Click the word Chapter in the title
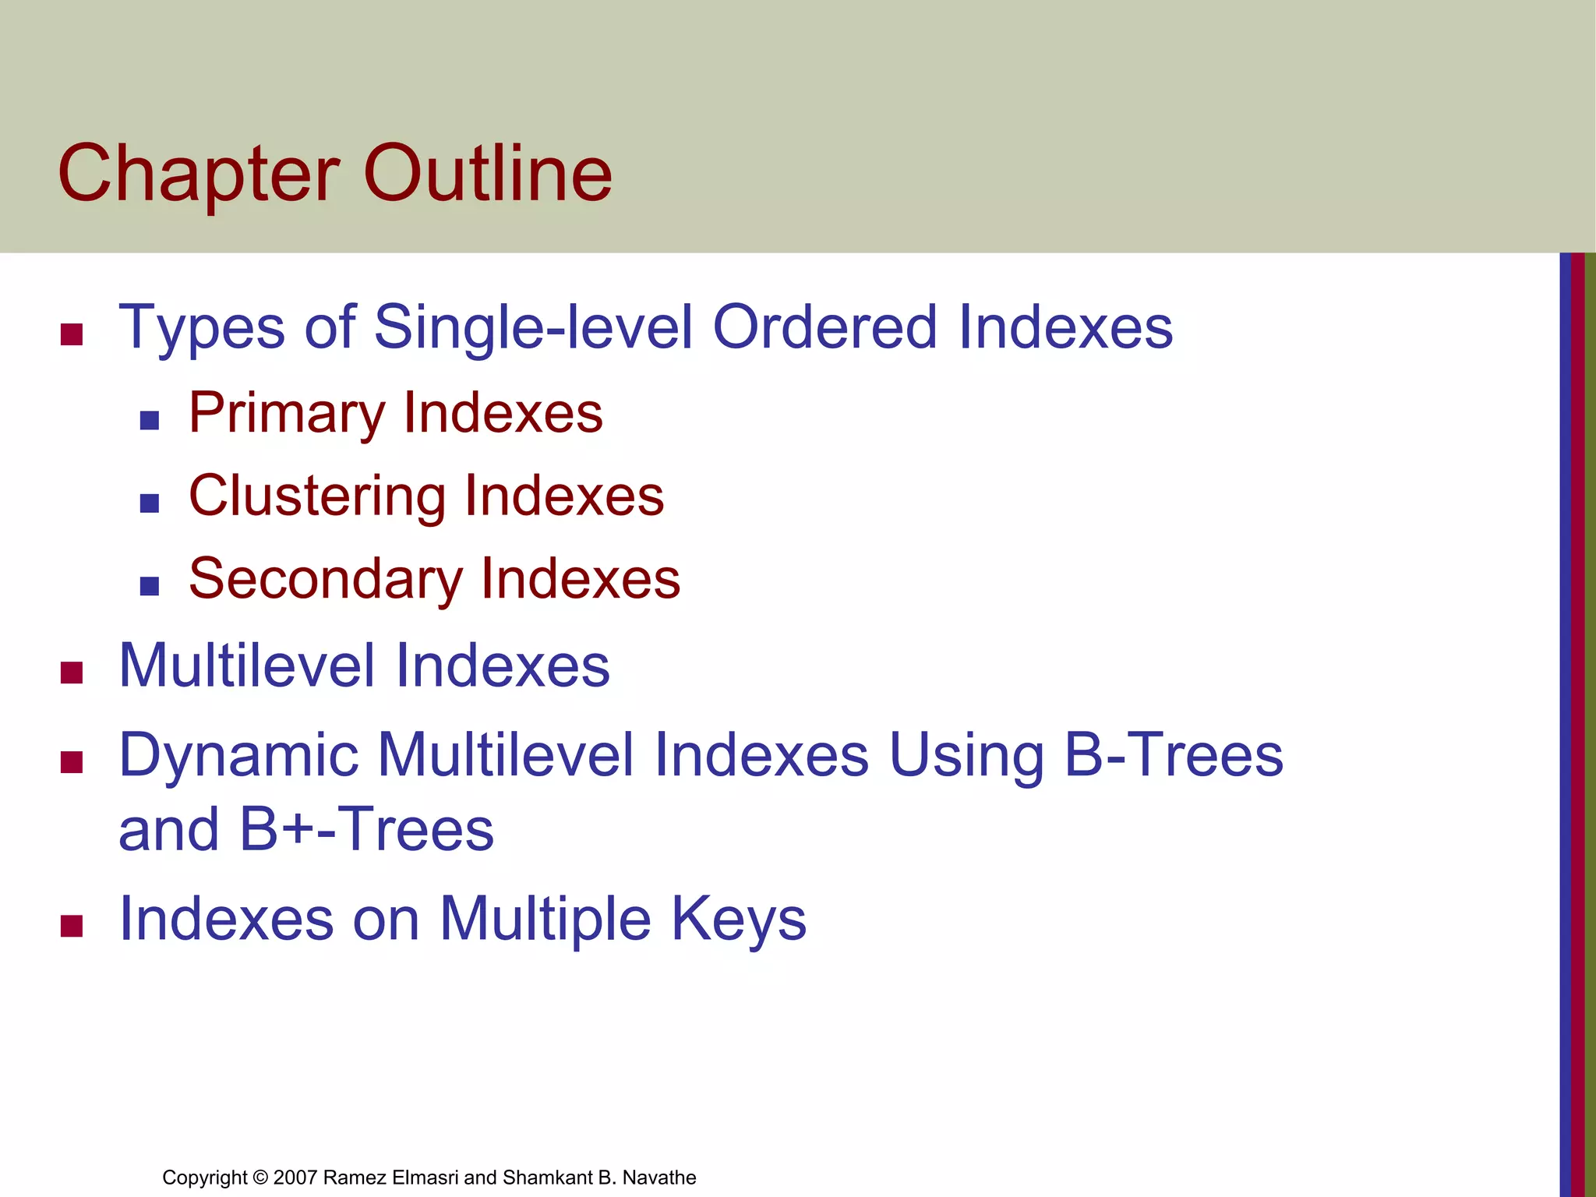point(199,175)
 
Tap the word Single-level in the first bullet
point(533,327)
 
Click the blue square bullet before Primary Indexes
point(149,422)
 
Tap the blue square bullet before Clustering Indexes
point(149,503)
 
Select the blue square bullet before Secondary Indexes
point(149,586)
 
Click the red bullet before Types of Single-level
point(72,335)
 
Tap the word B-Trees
point(1173,756)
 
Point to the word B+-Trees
point(366,830)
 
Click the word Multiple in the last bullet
point(545,920)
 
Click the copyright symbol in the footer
point(260,1178)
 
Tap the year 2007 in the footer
point(295,1178)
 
